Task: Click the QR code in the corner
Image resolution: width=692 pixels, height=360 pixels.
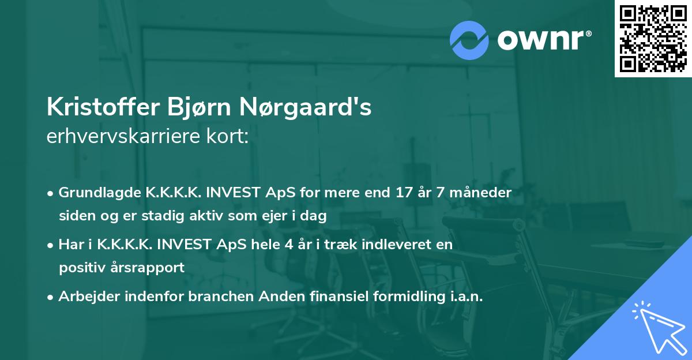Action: [653, 39]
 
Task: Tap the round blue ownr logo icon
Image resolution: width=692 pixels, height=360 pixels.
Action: [469, 40]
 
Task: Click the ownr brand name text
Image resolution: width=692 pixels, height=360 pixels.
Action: [543, 40]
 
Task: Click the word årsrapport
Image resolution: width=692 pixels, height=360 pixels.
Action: [152, 268]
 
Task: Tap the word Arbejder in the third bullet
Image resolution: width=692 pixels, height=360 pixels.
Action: [84, 297]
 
